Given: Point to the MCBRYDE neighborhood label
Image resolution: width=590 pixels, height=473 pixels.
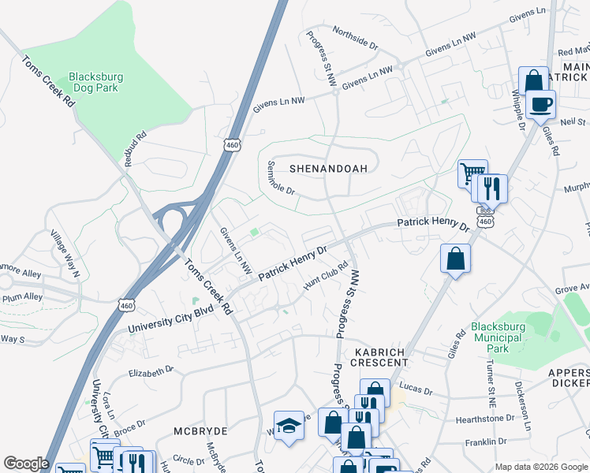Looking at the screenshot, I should (x=201, y=432).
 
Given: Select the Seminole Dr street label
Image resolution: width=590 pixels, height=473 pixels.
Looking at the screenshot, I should (x=281, y=178).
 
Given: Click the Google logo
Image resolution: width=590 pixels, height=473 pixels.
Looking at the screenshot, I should (x=26, y=464).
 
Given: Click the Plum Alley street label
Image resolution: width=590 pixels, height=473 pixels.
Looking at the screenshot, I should (x=21, y=297).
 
